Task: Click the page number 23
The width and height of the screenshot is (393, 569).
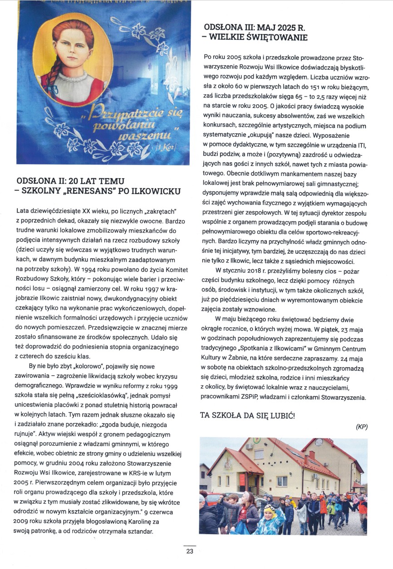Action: [x=190, y=552]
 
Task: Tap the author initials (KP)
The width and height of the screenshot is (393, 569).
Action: [x=362, y=427]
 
